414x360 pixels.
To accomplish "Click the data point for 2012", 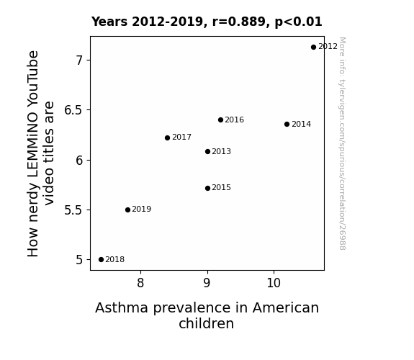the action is coord(313,48).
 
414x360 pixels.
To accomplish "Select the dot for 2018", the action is coord(101,260).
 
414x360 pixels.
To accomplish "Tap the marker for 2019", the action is coord(127,210).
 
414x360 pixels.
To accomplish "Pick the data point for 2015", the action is coord(207,189).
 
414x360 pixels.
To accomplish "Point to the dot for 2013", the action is coord(207,152).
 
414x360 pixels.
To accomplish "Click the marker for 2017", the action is coord(167,138).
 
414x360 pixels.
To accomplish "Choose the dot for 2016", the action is coord(221,120).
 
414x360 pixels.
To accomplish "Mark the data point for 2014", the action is coord(287,124).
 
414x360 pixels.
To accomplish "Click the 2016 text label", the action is coord(235,120).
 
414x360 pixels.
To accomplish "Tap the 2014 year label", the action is coord(301,124).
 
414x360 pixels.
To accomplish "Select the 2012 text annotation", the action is coord(328,47).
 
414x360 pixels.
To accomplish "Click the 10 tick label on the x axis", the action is coord(274,283).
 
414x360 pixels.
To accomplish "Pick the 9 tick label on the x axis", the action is coord(207,283).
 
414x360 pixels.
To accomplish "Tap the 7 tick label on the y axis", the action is coord(79,60).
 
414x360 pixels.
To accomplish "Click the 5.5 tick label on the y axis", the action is coord(73,210).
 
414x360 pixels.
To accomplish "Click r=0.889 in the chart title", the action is coord(239,22).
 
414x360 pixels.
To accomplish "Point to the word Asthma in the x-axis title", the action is coord(122,308).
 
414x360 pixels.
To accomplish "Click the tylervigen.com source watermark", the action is coord(342,143).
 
